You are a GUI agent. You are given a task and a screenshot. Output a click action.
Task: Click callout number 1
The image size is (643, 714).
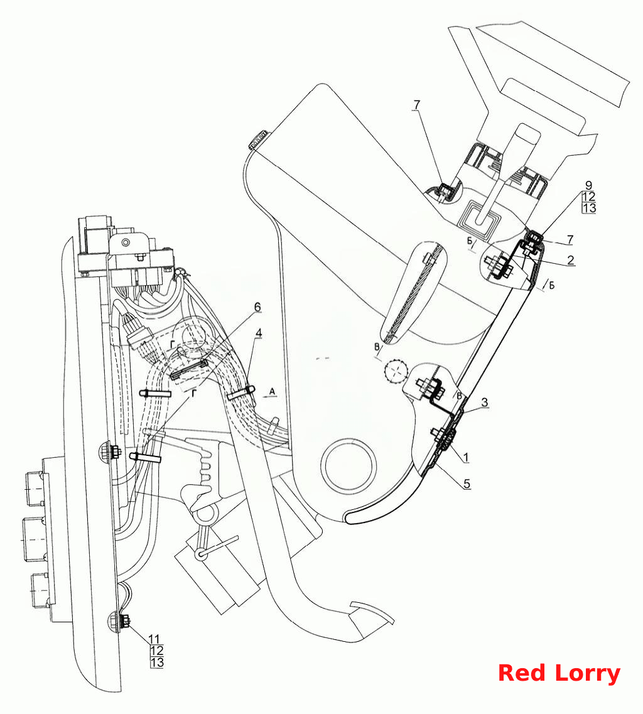pyautogui.click(x=465, y=457)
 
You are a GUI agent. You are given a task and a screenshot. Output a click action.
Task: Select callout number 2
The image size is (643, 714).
pyautogui.click(x=571, y=260)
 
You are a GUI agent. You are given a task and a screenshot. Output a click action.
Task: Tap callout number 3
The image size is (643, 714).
pyautogui.click(x=485, y=402)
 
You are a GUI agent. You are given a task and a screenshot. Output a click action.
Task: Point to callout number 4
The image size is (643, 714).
pyautogui.click(x=259, y=333)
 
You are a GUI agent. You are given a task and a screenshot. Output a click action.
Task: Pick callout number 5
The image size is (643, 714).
pyautogui.click(x=467, y=484)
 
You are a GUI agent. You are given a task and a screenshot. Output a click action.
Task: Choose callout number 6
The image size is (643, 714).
pyautogui.click(x=257, y=307)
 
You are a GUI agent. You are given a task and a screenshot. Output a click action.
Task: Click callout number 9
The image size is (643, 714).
pyautogui.click(x=589, y=185)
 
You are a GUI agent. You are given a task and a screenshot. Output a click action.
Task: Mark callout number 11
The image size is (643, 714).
pyautogui.click(x=154, y=639)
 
